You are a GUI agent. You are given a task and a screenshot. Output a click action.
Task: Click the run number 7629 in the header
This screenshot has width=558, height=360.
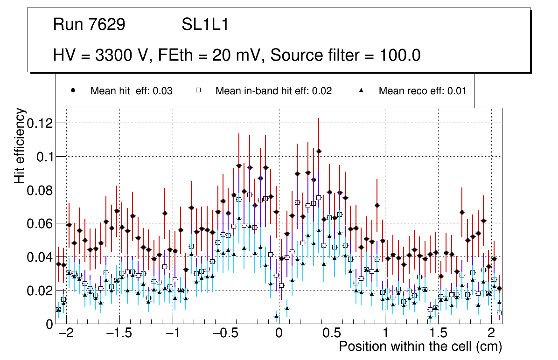click(107, 24)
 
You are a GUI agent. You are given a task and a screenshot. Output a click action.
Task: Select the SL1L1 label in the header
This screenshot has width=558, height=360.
click(205, 24)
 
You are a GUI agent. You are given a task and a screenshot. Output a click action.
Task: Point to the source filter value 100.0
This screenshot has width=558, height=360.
click(398, 55)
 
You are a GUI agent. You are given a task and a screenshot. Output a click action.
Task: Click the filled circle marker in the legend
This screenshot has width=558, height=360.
click(73, 90)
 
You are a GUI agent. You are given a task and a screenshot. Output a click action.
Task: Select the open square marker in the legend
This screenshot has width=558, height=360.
click(198, 90)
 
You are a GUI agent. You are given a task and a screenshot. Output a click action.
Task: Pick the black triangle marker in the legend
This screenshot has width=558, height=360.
click(362, 90)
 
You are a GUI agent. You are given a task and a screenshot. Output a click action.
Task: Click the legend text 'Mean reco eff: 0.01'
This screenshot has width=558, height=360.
click(422, 91)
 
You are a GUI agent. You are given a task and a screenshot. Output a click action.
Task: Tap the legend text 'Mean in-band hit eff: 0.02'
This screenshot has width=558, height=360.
click(273, 91)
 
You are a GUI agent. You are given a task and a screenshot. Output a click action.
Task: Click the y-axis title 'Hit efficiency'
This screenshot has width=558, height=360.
click(20, 145)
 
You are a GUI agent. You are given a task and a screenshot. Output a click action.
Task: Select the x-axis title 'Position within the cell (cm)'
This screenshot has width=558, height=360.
click(420, 347)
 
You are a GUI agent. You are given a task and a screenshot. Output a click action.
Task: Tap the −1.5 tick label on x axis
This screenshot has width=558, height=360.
click(119, 334)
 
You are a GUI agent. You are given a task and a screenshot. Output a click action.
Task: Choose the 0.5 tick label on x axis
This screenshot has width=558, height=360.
click(332, 334)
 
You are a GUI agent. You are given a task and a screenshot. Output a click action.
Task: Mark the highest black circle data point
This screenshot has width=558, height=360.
click(319, 151)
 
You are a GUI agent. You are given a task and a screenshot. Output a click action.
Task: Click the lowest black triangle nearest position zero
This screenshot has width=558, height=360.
click(276, 316)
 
